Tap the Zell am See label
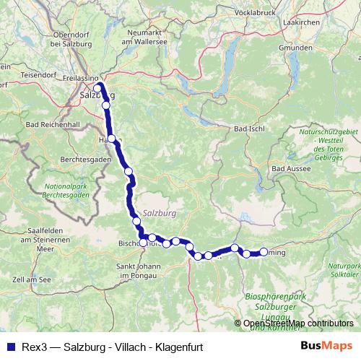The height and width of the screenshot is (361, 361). [30, 279]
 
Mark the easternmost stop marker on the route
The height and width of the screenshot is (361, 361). [264, 253]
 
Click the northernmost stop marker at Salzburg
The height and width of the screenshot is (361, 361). [98, 89]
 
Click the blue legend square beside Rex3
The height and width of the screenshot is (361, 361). [9, 346]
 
